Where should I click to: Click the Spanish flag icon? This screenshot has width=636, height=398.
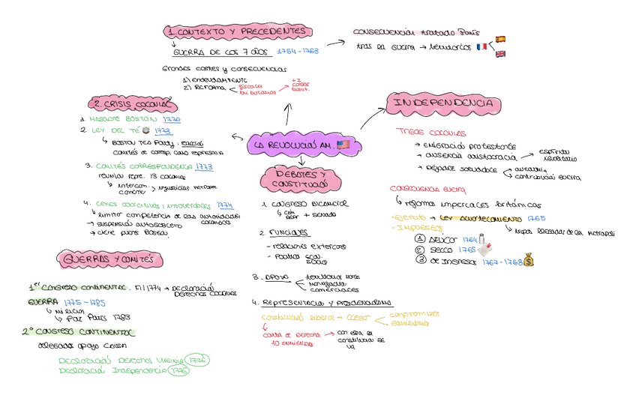[x=500, y=39]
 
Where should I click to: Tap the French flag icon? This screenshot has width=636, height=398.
[x=481, y=46]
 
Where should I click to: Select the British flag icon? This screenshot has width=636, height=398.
[x=500, y=54]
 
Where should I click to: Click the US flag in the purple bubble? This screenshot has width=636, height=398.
[x=343, y=145]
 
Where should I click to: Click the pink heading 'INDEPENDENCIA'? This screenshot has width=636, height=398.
[x=441, y=103]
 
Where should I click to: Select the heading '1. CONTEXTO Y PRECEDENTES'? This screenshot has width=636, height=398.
[x=238, y=31]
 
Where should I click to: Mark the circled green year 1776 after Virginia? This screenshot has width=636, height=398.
[x=198, y=361]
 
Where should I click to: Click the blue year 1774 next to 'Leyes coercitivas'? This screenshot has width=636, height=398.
[x=225, y=204]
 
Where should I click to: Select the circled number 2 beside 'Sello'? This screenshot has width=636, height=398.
[x=420, y=249]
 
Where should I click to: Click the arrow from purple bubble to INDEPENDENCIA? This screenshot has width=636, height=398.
[x=373, y=121]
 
